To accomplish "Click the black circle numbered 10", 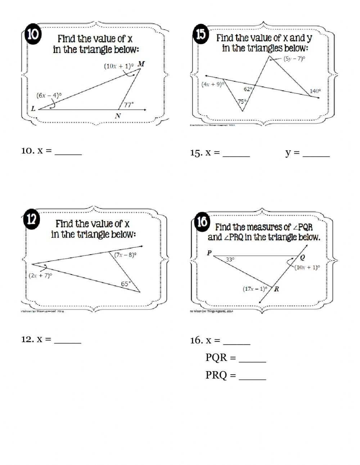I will click(33, 35).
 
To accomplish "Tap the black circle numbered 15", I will click(201, 35).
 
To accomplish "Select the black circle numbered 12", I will click(32, 219).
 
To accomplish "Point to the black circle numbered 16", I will click(202, 222).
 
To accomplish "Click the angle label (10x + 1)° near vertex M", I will click(118, 66).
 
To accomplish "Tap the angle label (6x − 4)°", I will click(49, 95).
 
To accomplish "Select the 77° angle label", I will click(129, 105).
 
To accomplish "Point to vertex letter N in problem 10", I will click(118, 116).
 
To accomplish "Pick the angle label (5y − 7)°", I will click(294, 58).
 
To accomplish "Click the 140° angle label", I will click(315, 91).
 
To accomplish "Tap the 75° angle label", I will click(242, 102).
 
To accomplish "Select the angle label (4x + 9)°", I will click(212, 84).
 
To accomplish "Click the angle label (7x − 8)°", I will click(125, 255).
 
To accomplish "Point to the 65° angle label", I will click(126, 284).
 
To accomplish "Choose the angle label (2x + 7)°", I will click(40, 276).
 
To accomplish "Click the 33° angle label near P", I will click(230, 259).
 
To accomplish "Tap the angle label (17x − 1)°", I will click(255, 289).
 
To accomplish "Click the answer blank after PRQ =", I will click(252, 375).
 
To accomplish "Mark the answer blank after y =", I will click(316, 153).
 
